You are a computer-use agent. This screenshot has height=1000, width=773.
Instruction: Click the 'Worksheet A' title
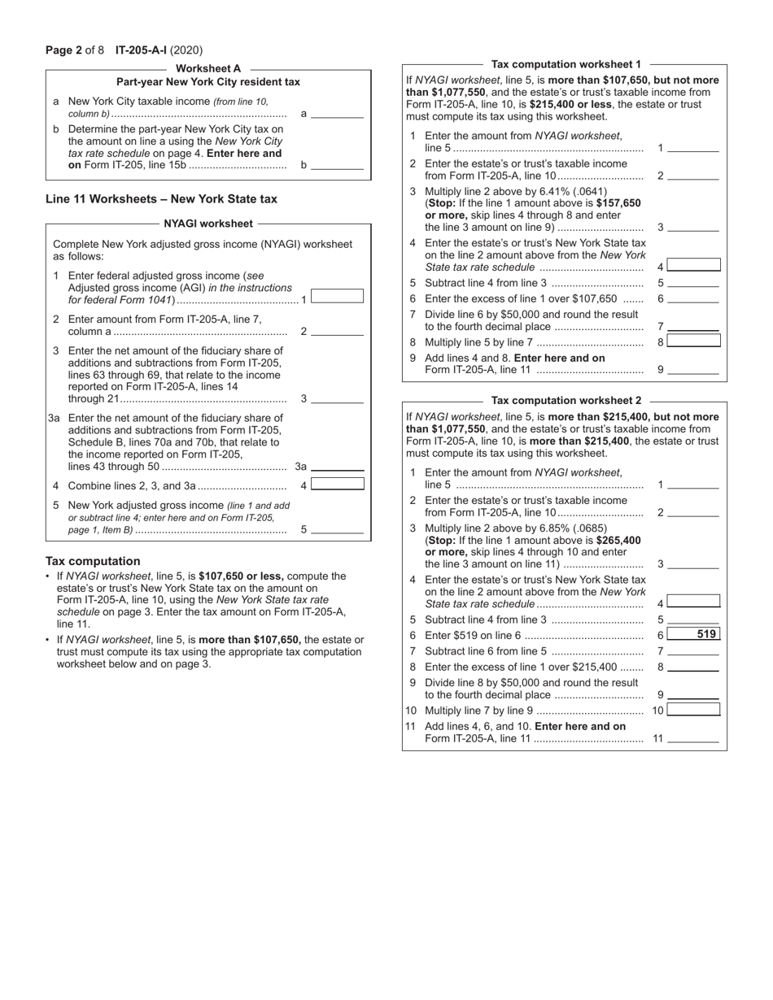click(x=208, y=69)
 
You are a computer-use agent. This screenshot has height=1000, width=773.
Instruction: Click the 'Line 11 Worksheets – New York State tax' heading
click(x=161, y=198)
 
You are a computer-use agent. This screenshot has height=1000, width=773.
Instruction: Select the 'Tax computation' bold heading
click(x=93, y=561)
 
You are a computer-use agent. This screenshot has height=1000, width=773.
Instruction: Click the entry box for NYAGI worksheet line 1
click(x=337, y=297)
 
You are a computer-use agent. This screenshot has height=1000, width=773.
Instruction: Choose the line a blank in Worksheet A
click(x=337, y=113)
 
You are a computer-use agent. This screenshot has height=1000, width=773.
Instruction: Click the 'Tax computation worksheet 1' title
click(x=566, y=63)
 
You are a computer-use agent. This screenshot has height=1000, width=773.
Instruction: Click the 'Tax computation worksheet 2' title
click(x=566, y=400)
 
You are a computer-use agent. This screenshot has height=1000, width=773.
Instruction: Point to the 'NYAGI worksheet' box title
click(x=208, y=223)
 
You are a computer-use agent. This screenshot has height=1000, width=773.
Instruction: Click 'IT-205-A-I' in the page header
click(x=142, y=50)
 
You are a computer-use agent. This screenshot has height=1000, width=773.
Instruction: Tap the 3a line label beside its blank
click(x=300, y=467)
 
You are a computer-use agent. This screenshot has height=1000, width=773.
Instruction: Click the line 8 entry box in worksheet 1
click(x=693, y=341)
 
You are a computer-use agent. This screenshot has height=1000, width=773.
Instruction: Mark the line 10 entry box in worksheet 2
click(x=693, y=710)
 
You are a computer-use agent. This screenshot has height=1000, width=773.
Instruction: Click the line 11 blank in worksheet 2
click(x=693, y=739)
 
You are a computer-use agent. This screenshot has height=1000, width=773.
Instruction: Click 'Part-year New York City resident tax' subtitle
click(x=208, y=82)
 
